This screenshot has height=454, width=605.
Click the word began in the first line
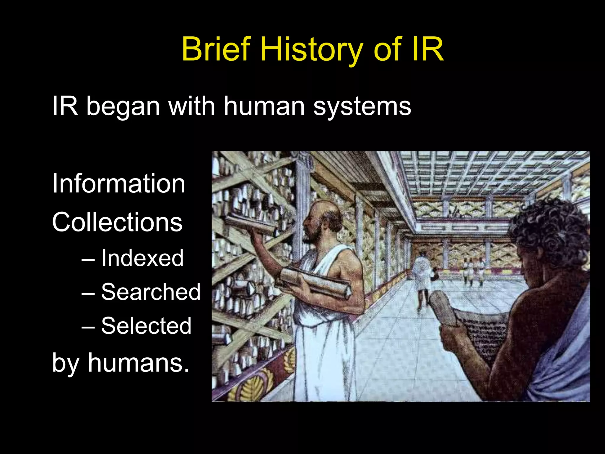(x=123, y=106)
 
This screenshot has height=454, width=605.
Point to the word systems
(x=362, y=106)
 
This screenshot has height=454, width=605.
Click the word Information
(x=118, y=184)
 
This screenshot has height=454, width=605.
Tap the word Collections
(x=117, y=222)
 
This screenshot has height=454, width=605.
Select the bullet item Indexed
(x=142, y=258)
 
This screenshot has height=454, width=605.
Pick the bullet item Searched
(x=151, y=292)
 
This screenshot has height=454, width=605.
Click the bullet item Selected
(x=146, y=325)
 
